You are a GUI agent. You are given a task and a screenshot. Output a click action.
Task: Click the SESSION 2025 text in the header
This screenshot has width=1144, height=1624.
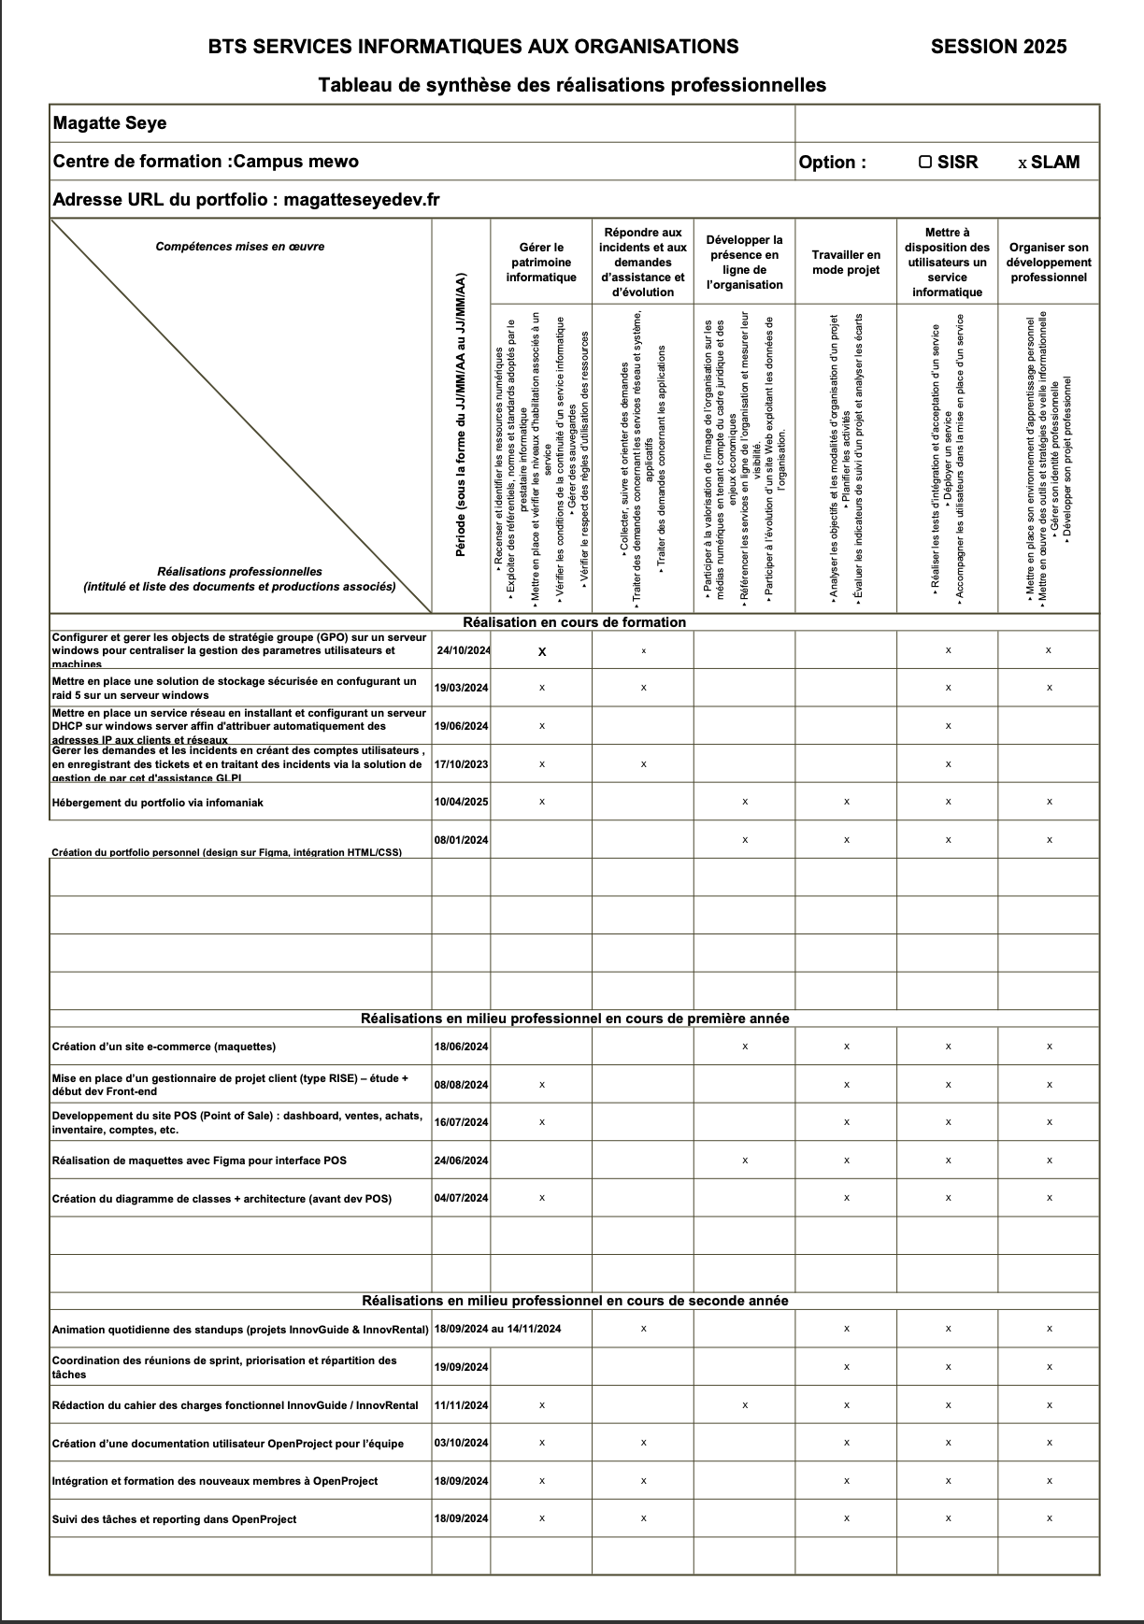[998, 47]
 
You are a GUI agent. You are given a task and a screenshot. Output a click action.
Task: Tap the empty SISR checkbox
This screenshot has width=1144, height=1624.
[925, 162]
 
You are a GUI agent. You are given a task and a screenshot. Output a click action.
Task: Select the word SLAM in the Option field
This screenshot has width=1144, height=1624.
[1055, 163]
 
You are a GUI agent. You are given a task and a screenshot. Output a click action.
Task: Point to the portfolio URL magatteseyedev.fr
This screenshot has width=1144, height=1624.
[362, 199]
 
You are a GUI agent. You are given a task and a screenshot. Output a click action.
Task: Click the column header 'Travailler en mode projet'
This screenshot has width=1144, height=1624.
[846, 263]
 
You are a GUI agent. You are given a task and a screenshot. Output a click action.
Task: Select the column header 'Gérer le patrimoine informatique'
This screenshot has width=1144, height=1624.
[541, 263]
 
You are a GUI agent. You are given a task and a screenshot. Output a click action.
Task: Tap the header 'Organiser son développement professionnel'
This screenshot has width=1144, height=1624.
[1049, 263]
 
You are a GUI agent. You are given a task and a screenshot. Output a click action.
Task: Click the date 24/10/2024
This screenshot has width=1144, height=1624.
[463, 651]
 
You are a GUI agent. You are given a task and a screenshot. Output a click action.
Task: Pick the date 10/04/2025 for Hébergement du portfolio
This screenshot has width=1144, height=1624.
[461, 802]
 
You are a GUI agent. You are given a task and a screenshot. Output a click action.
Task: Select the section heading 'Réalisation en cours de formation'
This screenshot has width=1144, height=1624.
[575, 622]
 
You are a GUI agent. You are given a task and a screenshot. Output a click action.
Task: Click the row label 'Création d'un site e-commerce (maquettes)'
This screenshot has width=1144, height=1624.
[164, 1047]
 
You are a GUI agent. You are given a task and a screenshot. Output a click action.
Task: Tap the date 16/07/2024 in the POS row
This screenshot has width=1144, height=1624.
[461, 1122]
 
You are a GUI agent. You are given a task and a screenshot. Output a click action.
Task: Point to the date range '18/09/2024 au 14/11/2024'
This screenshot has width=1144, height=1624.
[497, 1329]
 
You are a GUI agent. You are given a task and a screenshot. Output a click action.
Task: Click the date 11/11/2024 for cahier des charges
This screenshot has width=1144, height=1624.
[461, 1405]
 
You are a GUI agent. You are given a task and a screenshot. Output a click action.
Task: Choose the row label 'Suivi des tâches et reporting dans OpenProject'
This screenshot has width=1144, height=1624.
[174, 1519]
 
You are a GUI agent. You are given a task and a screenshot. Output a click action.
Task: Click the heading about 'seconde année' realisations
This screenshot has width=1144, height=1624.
[575, 1301]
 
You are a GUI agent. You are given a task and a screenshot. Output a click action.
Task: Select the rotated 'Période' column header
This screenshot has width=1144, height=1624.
[461, 416]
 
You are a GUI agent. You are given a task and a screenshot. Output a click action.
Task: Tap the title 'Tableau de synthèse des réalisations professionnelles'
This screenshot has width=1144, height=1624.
[572, 85]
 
